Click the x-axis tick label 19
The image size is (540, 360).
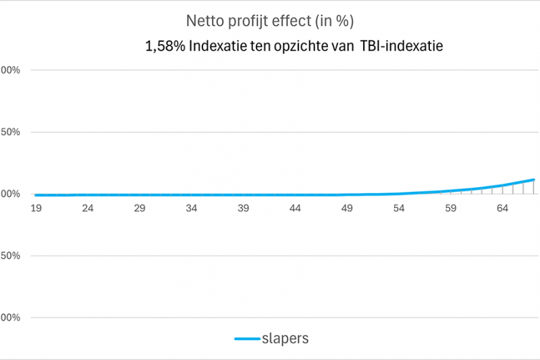(x=36, y=209)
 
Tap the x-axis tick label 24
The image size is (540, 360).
(x=88, y=209)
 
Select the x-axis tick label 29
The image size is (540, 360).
(x=140, y=209)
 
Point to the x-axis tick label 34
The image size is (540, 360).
(x=192, y=209)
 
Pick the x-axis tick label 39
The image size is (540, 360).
(x=243, y=209)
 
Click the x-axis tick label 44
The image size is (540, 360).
(x=295, y=209)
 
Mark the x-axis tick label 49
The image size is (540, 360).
(x=347, y=209)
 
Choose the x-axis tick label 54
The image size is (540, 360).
(x=399, y=209)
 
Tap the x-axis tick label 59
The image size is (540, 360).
(x=450, y=209)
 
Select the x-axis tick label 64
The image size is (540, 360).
(x=502, y=209)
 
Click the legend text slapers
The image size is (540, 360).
(x=285, y=338)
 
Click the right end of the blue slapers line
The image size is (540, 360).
(x=534, y=180)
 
